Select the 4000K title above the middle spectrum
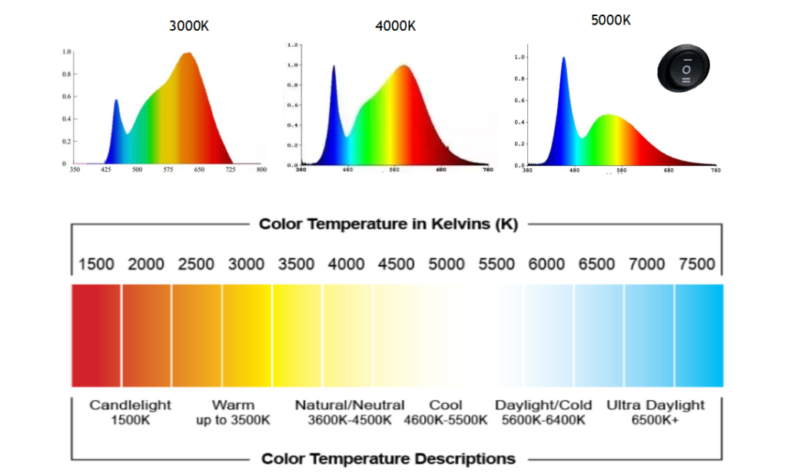[x=395, y=26]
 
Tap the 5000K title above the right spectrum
[x=611, y=21]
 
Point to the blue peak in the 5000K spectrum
[x=563, y=59]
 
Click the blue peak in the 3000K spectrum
[x=116, y=101]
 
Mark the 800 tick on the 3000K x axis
[x=261, y=169]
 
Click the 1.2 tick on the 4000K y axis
[x=292, y=45]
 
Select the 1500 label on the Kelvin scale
[x=96, y=265]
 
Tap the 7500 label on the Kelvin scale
[x=697, y=265]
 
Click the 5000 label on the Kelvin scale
[x=447, y=265]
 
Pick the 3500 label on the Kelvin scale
[x=297, y=265]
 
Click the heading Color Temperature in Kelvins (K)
[x=388, y=224]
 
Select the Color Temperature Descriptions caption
[x=388, y=459]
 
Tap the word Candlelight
[x=131, y=405]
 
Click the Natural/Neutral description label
[x=350, y=405]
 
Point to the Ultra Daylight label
[x=656, y=405]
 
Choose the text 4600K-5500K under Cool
[x=446, y=420]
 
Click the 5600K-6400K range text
[x=543, y=420]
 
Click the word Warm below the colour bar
[x=233, y=405]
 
